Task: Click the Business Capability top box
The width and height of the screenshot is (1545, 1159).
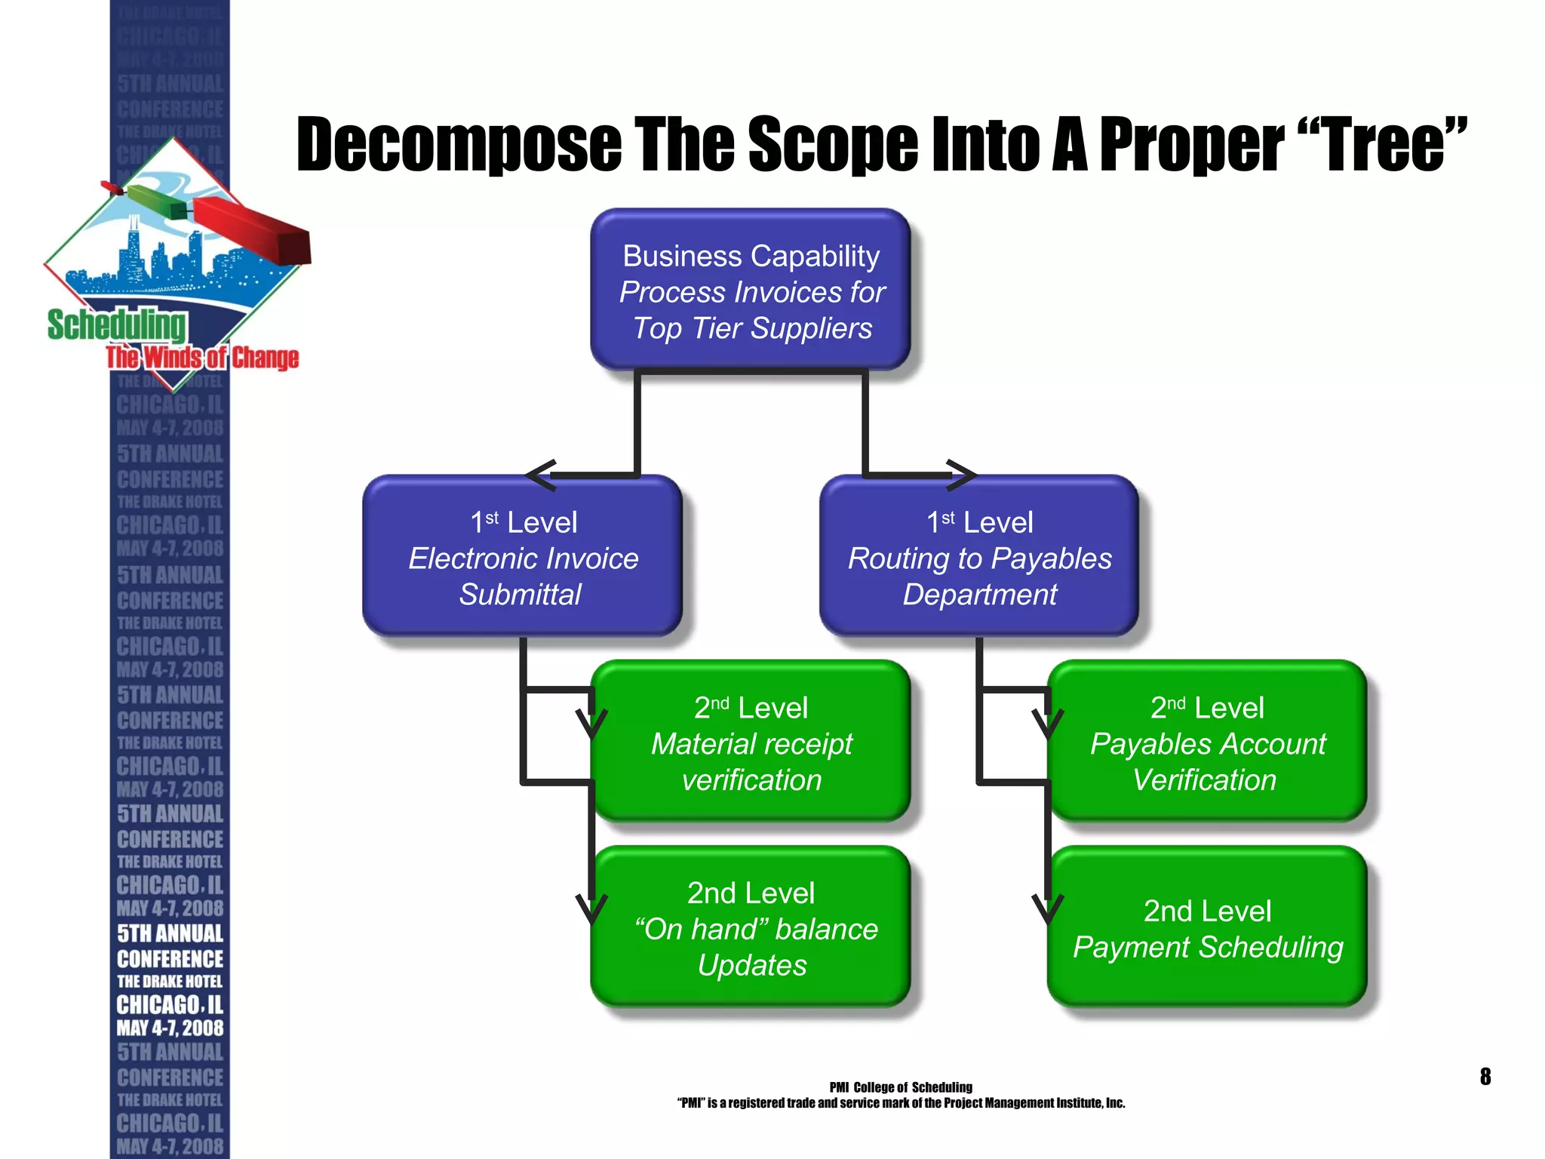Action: tap(751, 291)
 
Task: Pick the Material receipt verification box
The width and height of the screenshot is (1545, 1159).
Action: tap(751, 742)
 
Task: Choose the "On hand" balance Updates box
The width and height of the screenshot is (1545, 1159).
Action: tap(751, 928)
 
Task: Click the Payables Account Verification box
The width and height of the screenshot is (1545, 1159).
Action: tap(1207, 742)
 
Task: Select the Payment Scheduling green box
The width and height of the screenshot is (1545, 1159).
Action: tap(1207, 928)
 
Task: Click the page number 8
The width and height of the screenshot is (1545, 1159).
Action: tap(1485, 1076)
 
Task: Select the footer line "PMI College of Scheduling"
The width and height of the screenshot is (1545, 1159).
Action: tap(901, 1087)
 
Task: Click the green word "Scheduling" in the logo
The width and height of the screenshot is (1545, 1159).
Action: tap(116, 325)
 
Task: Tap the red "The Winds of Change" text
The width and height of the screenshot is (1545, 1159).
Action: tap(202, 358)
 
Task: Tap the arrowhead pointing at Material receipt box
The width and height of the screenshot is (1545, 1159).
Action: tap(591, 724)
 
